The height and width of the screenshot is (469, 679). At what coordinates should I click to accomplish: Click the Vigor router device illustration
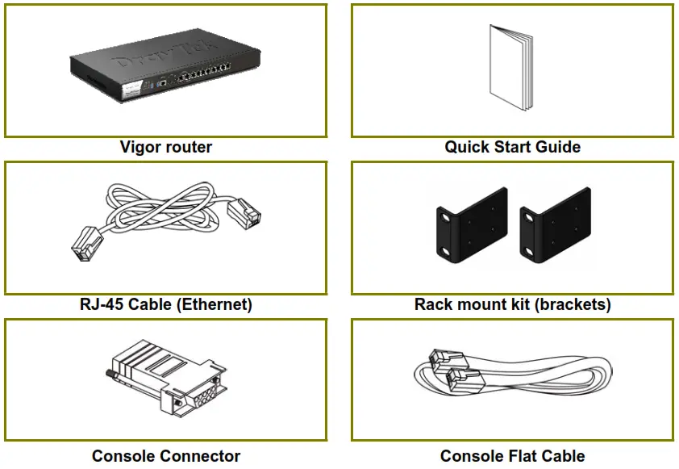click(165, 68)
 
